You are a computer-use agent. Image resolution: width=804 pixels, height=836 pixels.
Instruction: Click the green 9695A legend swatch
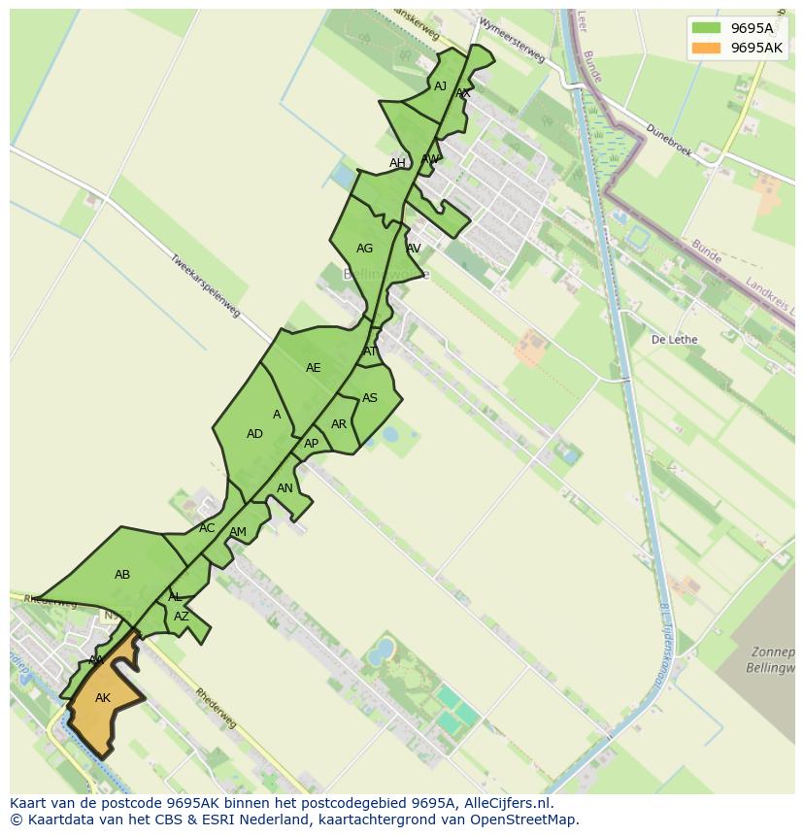(706, 28)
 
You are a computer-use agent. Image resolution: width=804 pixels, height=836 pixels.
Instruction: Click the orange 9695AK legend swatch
(706, 48)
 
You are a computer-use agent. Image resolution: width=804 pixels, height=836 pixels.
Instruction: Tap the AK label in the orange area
(103, 698)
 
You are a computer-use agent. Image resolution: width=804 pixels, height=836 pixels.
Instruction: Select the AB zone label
(122, 575)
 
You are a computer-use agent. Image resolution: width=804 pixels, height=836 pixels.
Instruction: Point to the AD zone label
(254, 434)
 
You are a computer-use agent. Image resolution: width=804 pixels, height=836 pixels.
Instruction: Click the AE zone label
(313, 368)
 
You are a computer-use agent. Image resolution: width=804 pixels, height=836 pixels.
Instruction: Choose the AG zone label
(364, 249)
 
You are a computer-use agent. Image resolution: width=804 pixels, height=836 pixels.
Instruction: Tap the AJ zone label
(441, 86)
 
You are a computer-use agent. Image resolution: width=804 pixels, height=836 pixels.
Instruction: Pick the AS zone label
(370, 398)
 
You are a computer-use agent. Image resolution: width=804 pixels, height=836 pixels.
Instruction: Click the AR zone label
(339, 424)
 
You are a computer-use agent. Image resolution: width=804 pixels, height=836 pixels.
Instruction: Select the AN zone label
(285, 488)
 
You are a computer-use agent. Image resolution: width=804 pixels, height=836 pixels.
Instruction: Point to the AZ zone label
(182, 617)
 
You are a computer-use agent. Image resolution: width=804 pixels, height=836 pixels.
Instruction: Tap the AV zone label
(414, 249)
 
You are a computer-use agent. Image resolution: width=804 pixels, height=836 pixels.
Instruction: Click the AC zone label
(207, 528)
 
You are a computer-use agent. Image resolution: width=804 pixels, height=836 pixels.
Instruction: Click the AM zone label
(238, 532)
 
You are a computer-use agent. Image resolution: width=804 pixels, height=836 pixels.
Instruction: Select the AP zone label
(311, 444)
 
